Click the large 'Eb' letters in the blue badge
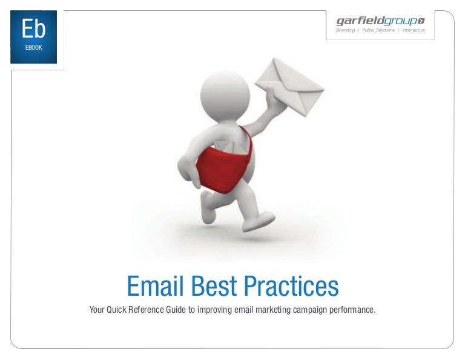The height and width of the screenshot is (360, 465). point(33,28)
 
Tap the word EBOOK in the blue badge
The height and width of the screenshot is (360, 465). point(33,47)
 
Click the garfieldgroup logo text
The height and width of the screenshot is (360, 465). point(375,21)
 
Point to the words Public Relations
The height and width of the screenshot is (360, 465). point(378,30)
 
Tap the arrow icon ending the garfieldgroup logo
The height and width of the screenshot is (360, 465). point(421,21)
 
